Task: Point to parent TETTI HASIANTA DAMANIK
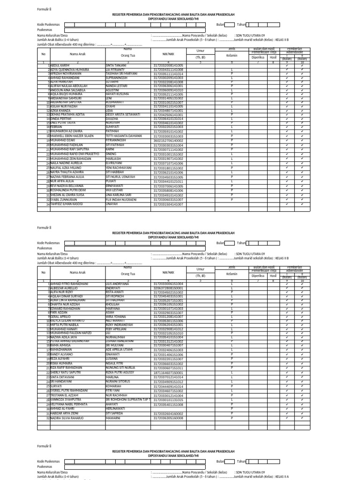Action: [123, 136]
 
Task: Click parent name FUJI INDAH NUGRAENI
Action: [121, 200]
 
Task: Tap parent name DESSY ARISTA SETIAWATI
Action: [123, 114]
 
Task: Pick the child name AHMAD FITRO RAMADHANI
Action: [69, 284]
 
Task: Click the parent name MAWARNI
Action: [113, 417]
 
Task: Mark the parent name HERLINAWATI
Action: [117, 408]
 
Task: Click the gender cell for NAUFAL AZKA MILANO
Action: [232, 167]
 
